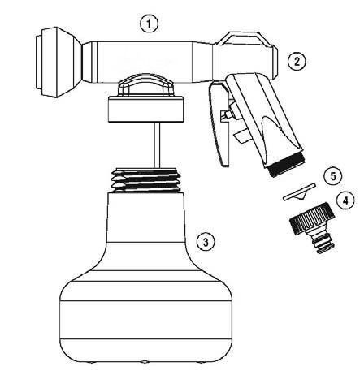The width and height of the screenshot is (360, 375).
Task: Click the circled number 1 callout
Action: [x=149, y=24]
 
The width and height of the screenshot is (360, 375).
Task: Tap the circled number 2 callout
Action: [x=297, y=62]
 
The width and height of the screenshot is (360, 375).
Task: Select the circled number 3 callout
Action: [x=206, y=242]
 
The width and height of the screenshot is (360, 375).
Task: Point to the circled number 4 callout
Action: [x=345, y=200]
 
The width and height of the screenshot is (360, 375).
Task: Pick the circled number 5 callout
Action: [x=333, y=176]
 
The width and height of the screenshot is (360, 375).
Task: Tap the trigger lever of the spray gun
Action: [x=219, y=124]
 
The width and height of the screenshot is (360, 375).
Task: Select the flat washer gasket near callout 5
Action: [x=299, y=192]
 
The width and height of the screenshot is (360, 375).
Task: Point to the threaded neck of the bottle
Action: [x=146, y=180]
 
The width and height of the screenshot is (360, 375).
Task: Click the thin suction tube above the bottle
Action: [x=157, y=145]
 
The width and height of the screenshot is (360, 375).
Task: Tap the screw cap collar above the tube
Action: [x=146, y=109]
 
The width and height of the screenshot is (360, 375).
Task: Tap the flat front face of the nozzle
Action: [x=38, y=62]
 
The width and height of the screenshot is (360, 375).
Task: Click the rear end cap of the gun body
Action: [x=273, y=62]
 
